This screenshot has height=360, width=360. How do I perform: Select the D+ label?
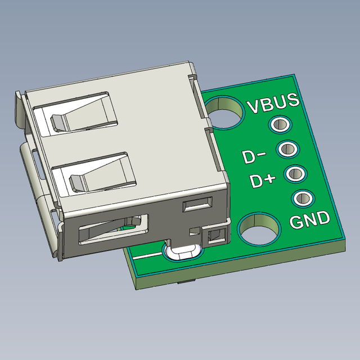(x=263, y=181)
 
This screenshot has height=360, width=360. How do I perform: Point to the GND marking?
(x=309, y=219)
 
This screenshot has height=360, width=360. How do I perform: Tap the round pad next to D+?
(x=294, y=173)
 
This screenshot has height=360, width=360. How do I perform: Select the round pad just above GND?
(x=302, y=198)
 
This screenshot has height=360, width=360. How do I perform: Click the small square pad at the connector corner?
(x=215, y=236)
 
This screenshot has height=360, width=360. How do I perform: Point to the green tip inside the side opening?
(x=127, y=229)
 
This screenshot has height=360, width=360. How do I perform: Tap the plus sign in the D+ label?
(x=269, y=179)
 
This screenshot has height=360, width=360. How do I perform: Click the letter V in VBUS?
(x=254, y=106)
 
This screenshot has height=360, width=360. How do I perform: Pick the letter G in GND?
(x=298, y=222)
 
